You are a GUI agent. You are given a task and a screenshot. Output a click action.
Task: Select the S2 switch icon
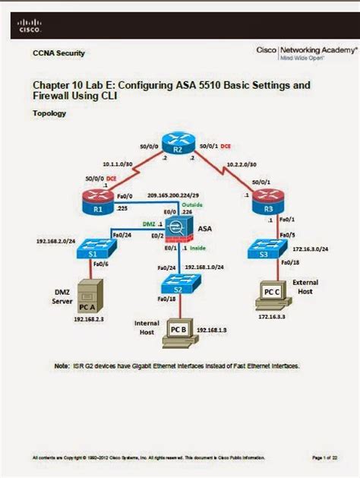point(177,283)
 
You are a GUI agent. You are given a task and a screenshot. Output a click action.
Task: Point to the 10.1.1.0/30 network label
point(118,163)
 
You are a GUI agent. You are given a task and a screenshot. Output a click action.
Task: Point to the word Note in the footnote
point(63,365)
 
